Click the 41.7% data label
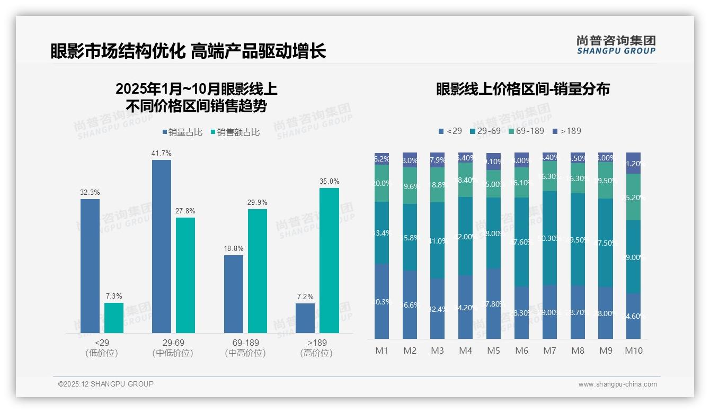tap(162, 154)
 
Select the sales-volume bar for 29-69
tap(162, 246)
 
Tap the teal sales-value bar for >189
tap(329, 261)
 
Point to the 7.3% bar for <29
tap(114, 318)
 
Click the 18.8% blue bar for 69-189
tap(234, 294)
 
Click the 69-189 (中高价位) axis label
tap(245, 348)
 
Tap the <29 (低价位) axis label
tap(101, 348)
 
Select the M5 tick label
tap(493, 351)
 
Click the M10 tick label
tap(634, 351)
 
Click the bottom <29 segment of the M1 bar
tap(381, 301)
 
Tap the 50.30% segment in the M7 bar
tap(549, 238)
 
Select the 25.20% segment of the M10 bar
tap(634, 197)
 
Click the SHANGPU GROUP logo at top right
tap(616, 45)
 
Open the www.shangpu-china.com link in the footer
tap(617, 384)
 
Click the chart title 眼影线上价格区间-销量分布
tap(523, 89)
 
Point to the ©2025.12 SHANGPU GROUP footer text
tap(106, 384)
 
